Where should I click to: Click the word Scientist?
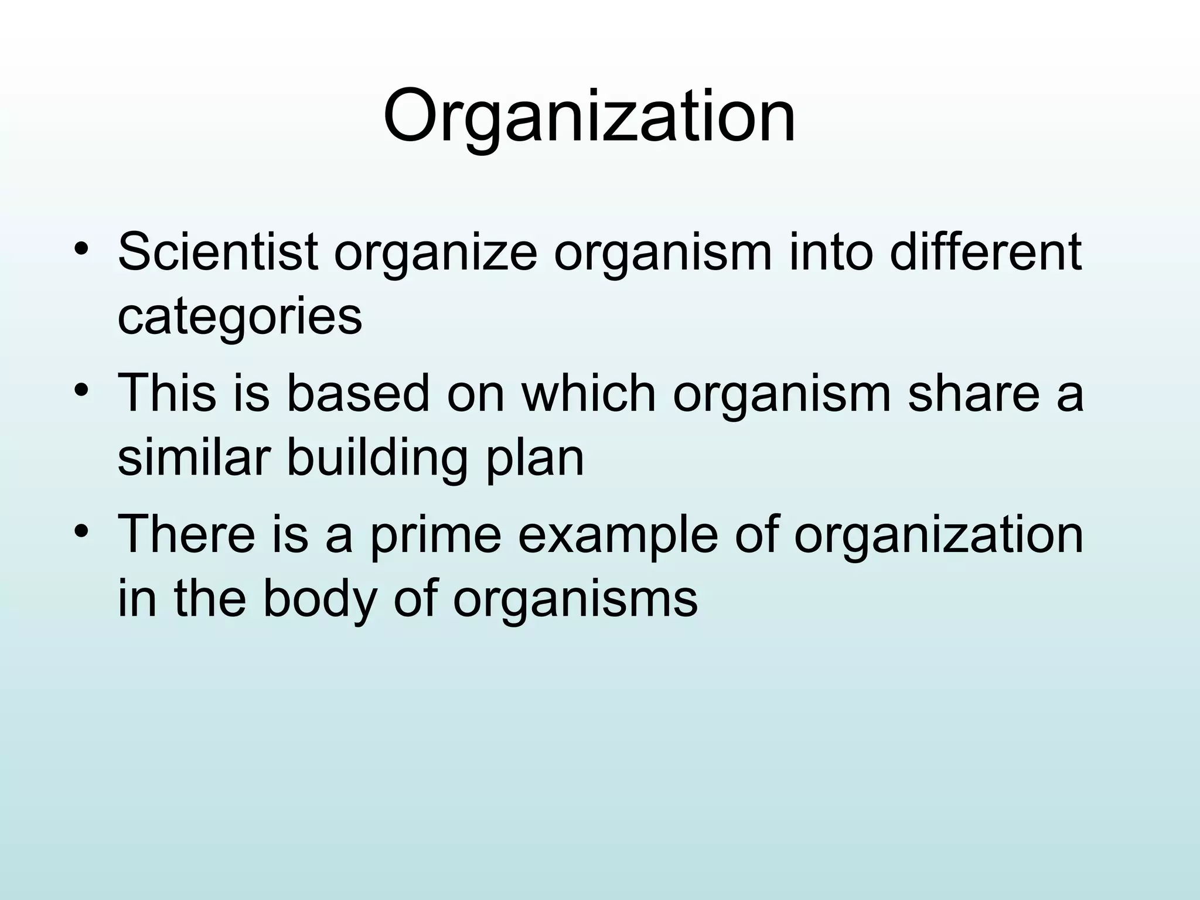(x=218, y=253)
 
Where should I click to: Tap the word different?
(x=985, y=253)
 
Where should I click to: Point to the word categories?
(x=240, y=318)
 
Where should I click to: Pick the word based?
(x=358, y=393)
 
